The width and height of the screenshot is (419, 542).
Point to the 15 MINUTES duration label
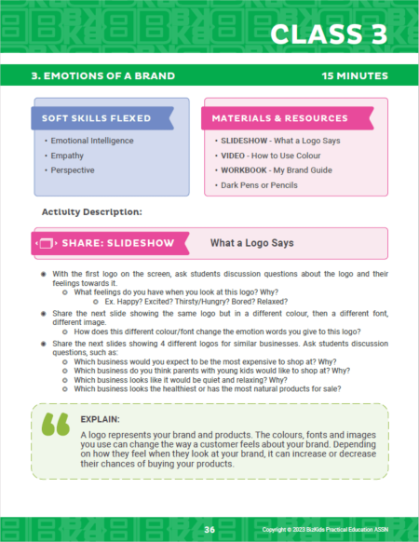tap(356, 75)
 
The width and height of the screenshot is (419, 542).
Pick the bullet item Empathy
tap(68, 156)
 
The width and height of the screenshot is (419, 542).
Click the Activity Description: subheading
tap(91, 212)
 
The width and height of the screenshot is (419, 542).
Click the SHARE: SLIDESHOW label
tap(117, 244)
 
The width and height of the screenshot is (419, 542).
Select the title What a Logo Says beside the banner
tap(251, 244)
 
